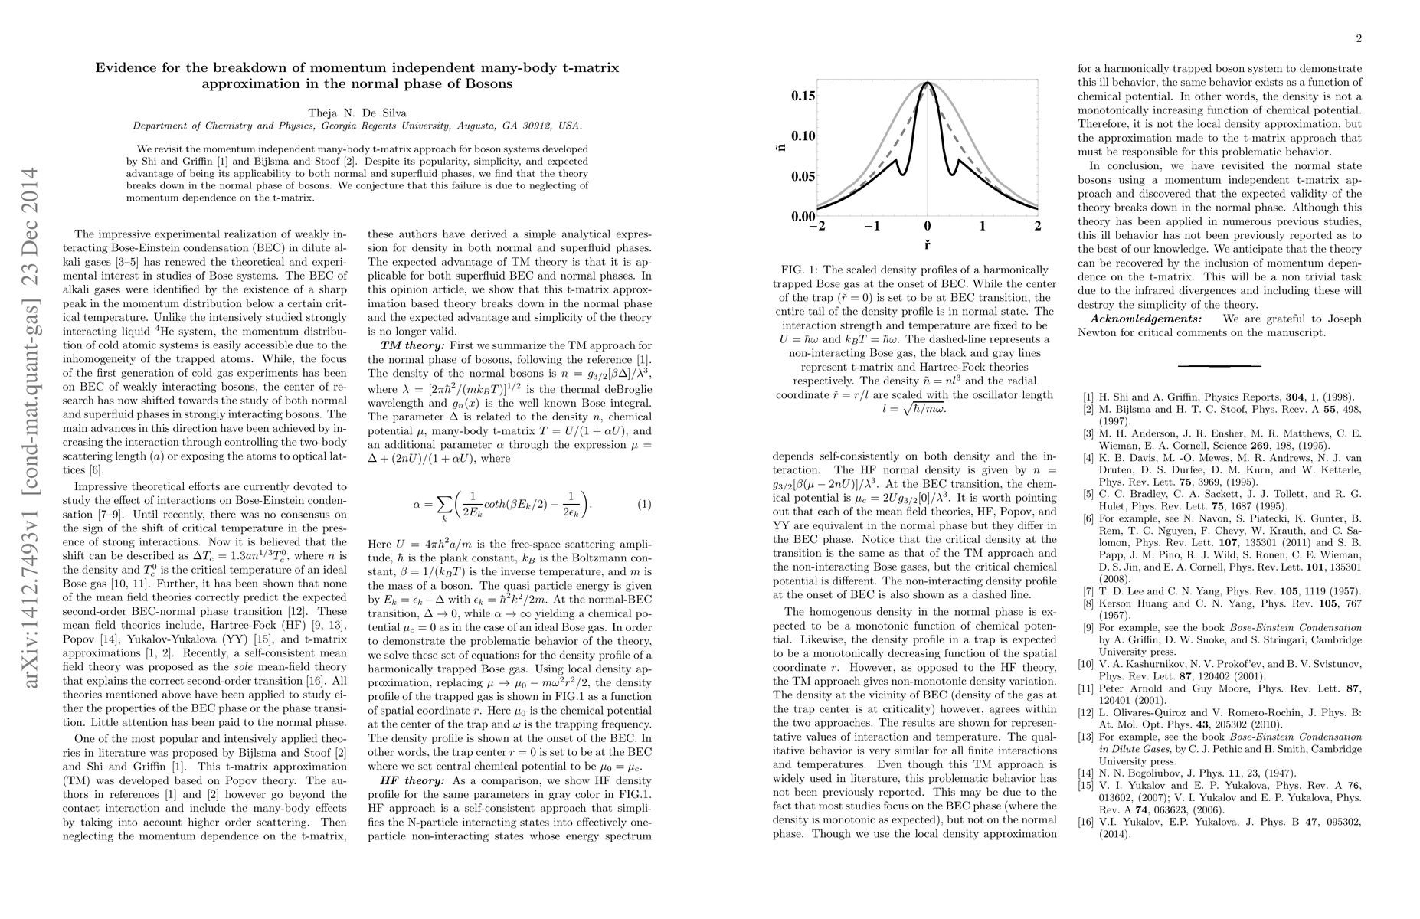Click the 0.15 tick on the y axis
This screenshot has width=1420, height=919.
(x=802, y=96)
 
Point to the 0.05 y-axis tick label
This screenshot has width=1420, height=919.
(x=802, y=176)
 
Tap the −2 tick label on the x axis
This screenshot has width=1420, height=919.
(x=816, y=227)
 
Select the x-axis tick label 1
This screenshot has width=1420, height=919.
(x=983, y=227)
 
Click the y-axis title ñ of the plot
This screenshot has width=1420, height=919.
(x=780, y=139)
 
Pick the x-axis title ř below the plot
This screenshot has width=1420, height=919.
(x=927, y=246)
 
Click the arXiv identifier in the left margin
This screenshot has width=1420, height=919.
(x=32, y=429)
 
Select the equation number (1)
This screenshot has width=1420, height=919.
(x=644, y=505)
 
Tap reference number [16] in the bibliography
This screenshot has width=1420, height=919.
(x=1087, y=822)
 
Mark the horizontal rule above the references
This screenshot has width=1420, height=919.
(x=1219, y=366)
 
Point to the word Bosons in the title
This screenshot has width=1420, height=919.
(x=488, y=83)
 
